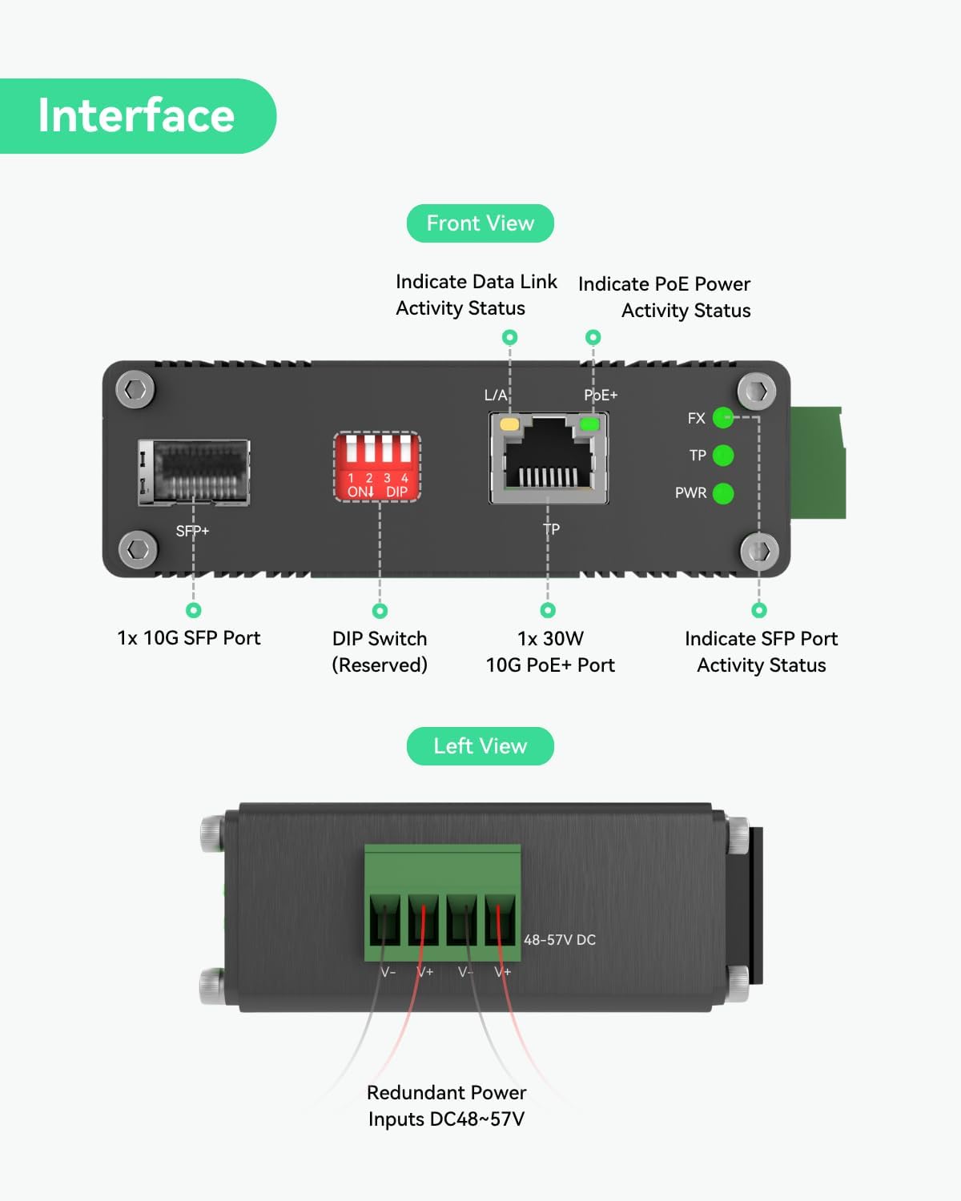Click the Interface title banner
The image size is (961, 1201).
136,116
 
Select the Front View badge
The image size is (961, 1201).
480,223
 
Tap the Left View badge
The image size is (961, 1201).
480,746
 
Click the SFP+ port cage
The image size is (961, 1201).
194,472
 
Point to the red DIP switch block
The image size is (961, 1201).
376,467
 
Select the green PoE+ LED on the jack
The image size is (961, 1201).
589,424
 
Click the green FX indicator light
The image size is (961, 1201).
723,417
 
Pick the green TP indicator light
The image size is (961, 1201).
723,456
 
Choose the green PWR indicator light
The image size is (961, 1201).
723,493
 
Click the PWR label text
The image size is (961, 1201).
690,493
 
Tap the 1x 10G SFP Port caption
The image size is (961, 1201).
189,638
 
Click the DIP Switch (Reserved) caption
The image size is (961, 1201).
380,652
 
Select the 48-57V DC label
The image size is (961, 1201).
560,940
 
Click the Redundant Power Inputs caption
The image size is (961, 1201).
446,1106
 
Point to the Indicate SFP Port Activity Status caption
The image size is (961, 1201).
761,652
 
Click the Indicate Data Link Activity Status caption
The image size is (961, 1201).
476,295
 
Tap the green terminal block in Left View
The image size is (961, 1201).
442,902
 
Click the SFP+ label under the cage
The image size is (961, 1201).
192,531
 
